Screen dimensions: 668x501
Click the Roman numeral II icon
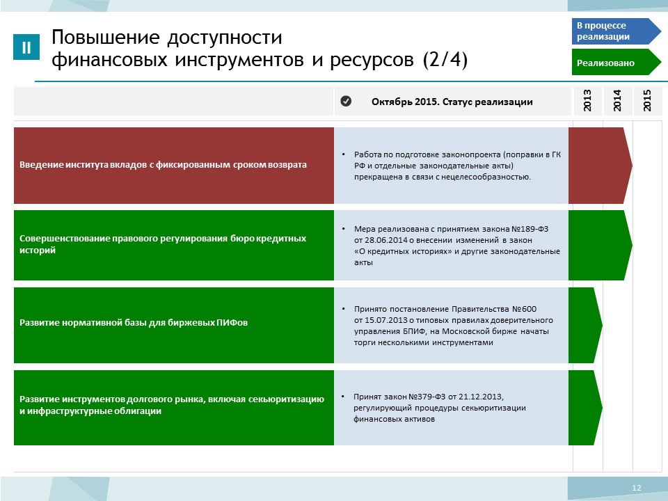pos(26,47)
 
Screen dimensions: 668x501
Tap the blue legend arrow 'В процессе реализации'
pos(616,31)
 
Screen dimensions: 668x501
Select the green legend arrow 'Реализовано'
pos(616,62)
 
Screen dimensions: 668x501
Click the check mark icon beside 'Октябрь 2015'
pos(346,101)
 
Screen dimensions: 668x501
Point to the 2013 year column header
pos(587,101)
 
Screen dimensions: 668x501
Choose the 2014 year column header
pos(617,101)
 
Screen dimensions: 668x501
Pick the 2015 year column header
pos(648,101)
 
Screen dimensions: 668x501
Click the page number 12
pos(637,488)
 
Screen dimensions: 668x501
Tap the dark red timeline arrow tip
pos(633,166)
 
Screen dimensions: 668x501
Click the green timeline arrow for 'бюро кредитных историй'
pos(601,245)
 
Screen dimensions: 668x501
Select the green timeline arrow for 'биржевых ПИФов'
pos(585,325)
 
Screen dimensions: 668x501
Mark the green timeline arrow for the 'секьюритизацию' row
pos(585,408)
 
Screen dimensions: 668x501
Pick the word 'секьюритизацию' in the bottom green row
pos(286,399)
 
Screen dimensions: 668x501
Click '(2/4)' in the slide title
pos(445,59)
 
